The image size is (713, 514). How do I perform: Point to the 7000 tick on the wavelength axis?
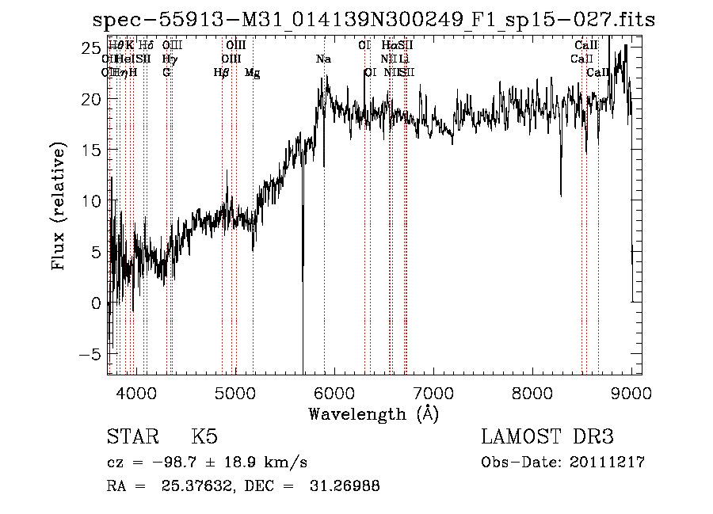point(433,391)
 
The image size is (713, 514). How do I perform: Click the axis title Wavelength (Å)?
point(373,413)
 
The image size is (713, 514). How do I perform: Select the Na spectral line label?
point(323,59)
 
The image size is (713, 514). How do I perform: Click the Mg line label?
point(252,73)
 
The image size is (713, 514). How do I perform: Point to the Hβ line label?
point(221,73)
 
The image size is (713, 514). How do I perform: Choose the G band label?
point(166,73)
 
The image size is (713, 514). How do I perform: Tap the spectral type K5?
point(204,437)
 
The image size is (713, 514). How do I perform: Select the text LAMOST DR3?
point(547,437)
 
